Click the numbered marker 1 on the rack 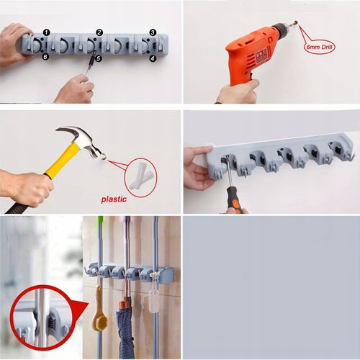tap(47, 32)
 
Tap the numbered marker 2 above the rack tap(99, 32)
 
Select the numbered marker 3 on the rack tap(153, 32)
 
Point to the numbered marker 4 tap(153, 58)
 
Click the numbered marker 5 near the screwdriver tap(99, 58)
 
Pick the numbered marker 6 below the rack tap(45, 57)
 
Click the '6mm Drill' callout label tap(320, 47)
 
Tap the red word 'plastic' tap(114, 199)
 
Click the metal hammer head tap(85, 143)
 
